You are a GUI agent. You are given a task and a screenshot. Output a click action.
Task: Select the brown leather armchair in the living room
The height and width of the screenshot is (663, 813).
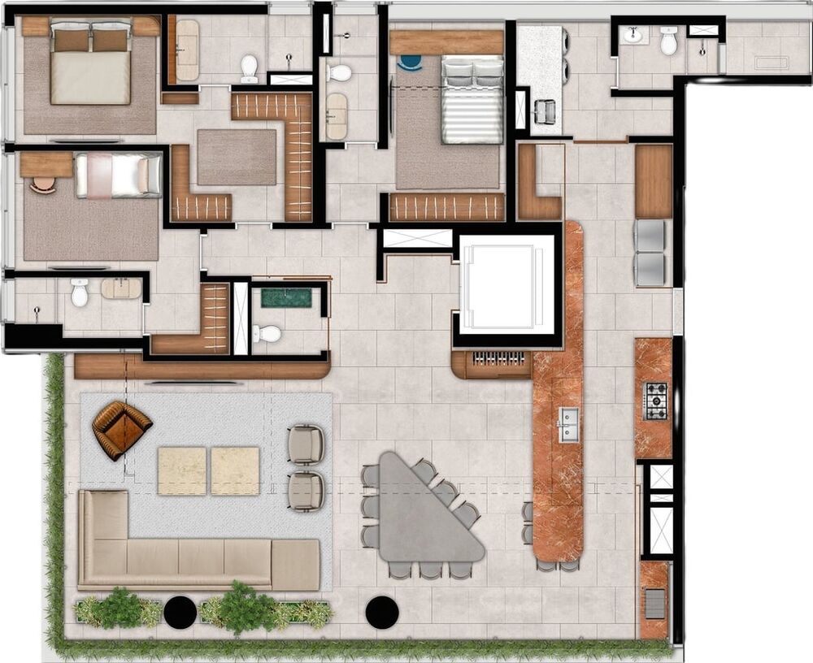[121, 428]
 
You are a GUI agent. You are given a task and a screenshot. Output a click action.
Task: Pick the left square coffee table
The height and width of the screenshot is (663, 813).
[181, 470]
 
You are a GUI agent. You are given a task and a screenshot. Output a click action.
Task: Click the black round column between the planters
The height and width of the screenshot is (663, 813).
[180, 612]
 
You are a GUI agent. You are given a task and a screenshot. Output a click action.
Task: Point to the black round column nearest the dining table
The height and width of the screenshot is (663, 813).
[381, 612]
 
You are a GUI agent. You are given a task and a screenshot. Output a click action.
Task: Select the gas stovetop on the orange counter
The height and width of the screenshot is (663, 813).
[655, 401]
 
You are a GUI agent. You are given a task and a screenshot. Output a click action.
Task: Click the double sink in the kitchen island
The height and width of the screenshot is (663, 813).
[567, 424]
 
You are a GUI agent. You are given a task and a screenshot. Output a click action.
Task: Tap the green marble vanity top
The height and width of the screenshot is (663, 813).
[286, 297]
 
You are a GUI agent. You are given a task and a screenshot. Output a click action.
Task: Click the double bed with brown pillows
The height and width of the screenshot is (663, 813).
[90, 64]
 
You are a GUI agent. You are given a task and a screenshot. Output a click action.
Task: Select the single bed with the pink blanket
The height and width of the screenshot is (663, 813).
[119, 175]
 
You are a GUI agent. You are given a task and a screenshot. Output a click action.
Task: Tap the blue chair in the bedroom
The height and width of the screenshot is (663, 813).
[411, 61]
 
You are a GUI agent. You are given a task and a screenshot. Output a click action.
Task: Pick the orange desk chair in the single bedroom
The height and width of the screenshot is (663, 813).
[41, 184]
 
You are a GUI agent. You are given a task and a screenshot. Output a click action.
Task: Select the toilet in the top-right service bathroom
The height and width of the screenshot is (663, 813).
[668, 41]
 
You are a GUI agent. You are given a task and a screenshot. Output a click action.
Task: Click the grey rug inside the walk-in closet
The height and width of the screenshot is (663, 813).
[237, 157]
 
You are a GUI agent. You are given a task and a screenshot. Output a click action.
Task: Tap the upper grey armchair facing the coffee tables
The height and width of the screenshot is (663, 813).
[306, 444]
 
